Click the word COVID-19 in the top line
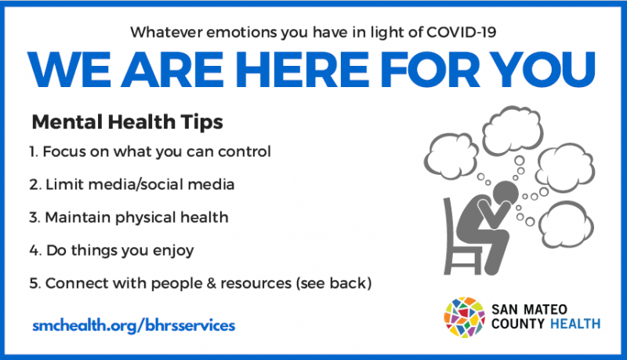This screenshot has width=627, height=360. pyautogui.click(x=461, y=32)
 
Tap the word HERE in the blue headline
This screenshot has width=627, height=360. pyautogui.click(x=302, y=70)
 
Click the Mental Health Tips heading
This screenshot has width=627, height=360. pyautogui.click(x=127, y=122)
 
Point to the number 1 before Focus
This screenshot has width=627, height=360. pyautogui.click(x=32, y=151)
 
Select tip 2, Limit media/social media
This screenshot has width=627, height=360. pyautogui.click(x=132, y=184)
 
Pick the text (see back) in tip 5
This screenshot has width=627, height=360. pyautogui.click(x=334, y=284)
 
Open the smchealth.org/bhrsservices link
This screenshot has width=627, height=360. pyautogui.click(x=133, y=325)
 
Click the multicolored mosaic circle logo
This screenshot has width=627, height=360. pyautogui.click(x=465, y=317)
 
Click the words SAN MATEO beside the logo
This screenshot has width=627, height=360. pyautogui.click(x=529, y=310)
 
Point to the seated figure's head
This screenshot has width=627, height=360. pyautogui.click(x=506, y=192)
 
